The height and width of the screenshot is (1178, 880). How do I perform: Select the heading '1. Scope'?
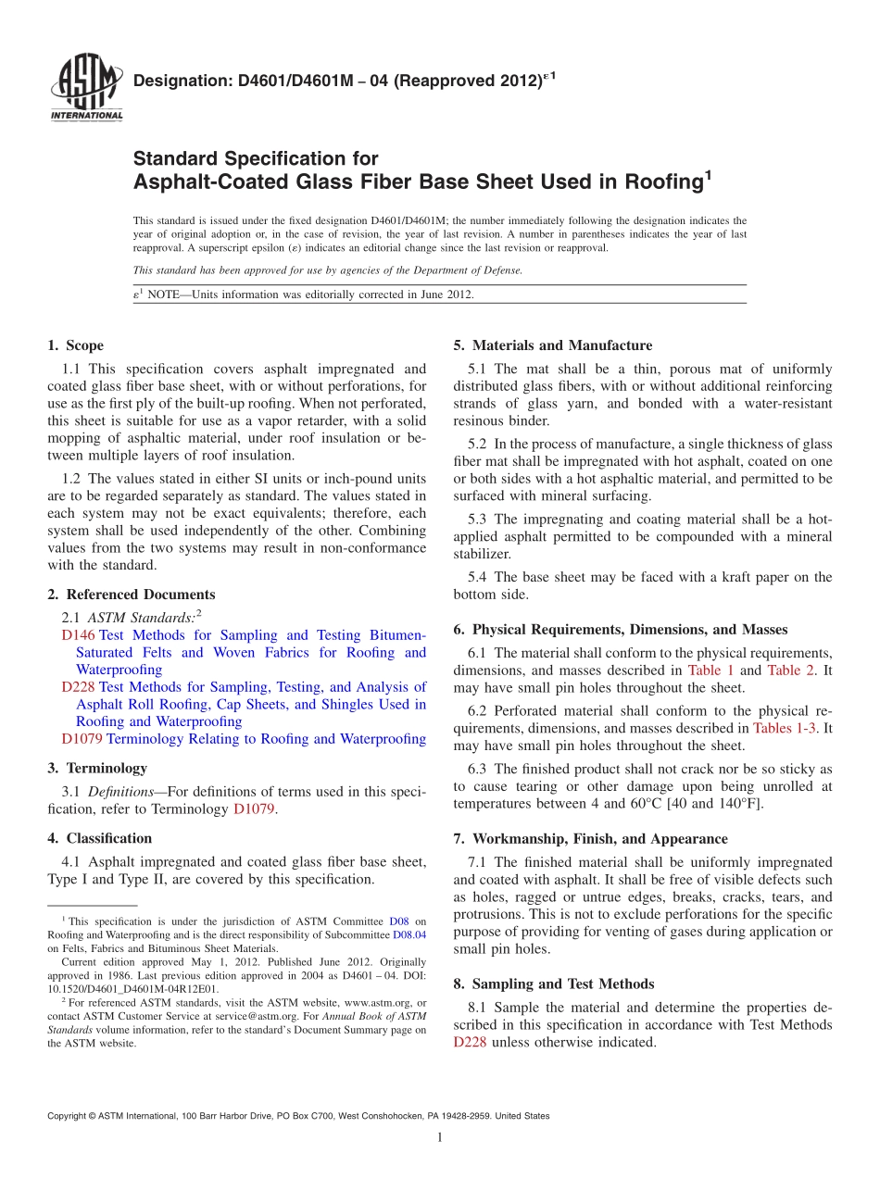tap(75, 345)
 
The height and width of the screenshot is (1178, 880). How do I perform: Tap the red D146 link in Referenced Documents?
tap(78, 635)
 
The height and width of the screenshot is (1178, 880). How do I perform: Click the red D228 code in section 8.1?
tap(470, 1042)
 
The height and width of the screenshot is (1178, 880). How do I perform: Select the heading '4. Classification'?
tap(99, 838)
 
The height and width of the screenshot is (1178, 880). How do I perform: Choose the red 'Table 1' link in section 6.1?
tap(710, 670)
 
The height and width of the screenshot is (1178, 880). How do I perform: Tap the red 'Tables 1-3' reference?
tap(785, 728)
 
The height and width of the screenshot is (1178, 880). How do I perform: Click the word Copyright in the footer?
tap(68, 1116)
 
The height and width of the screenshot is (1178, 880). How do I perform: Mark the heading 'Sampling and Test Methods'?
tap(562, 984)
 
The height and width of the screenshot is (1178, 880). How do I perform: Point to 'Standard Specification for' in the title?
tap(256, 158)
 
